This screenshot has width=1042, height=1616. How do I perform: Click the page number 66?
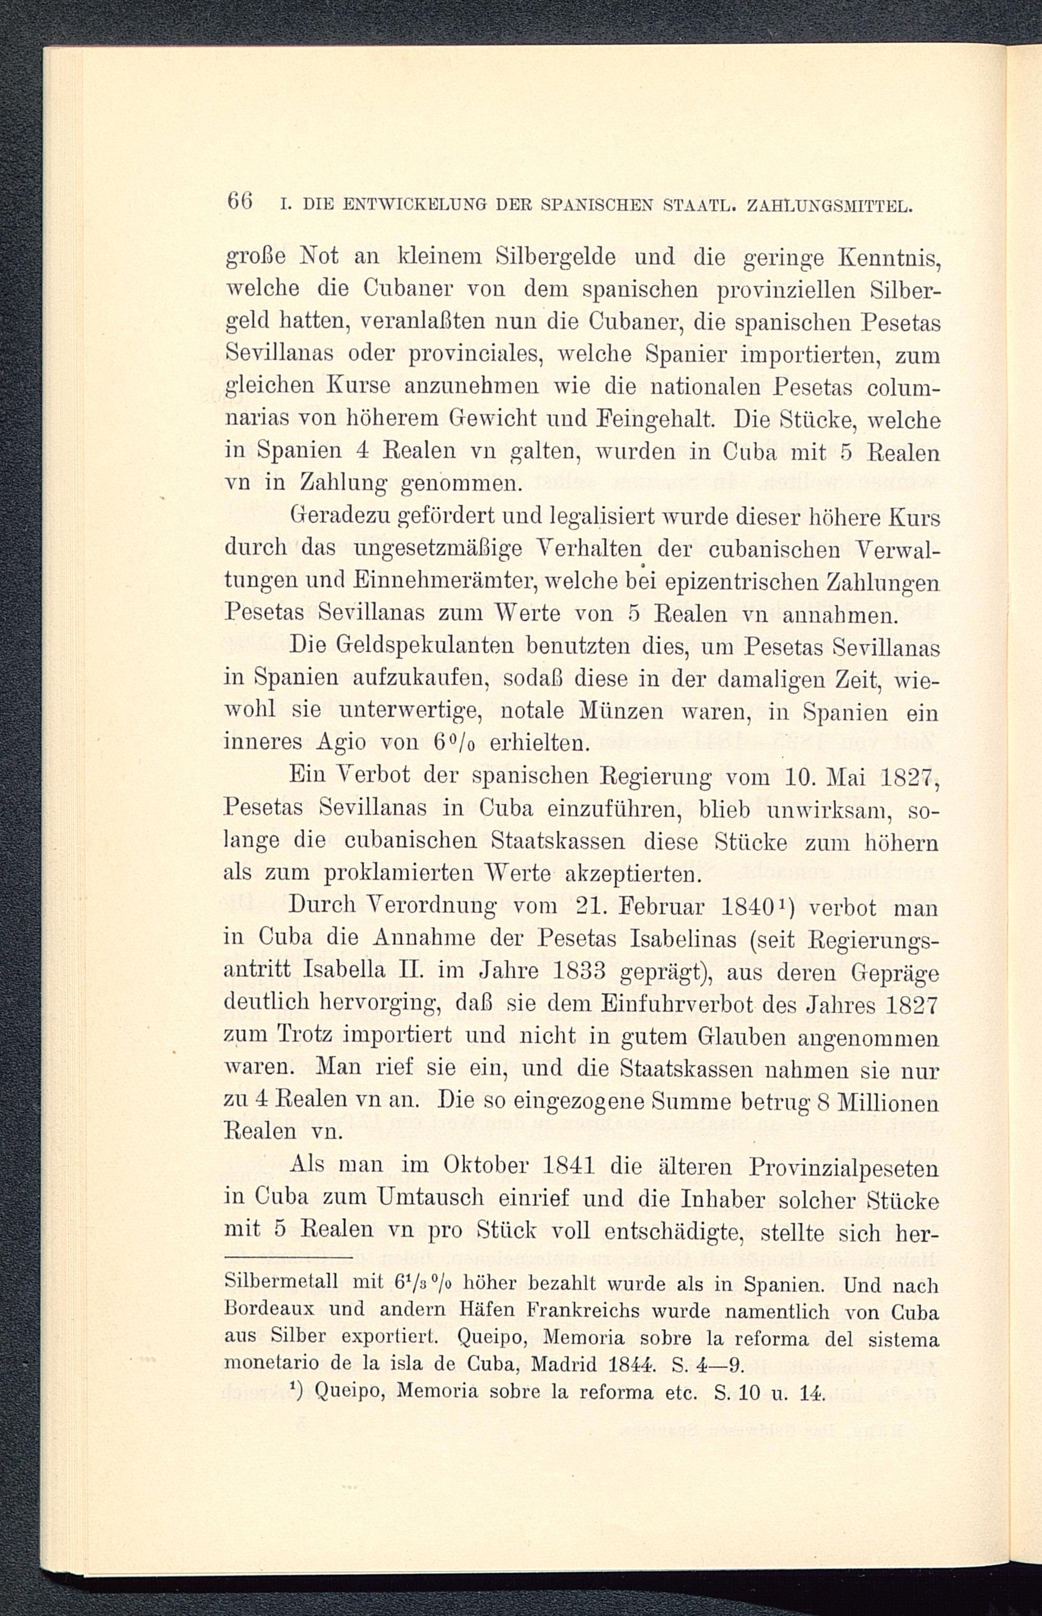(x=240, y=202)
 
